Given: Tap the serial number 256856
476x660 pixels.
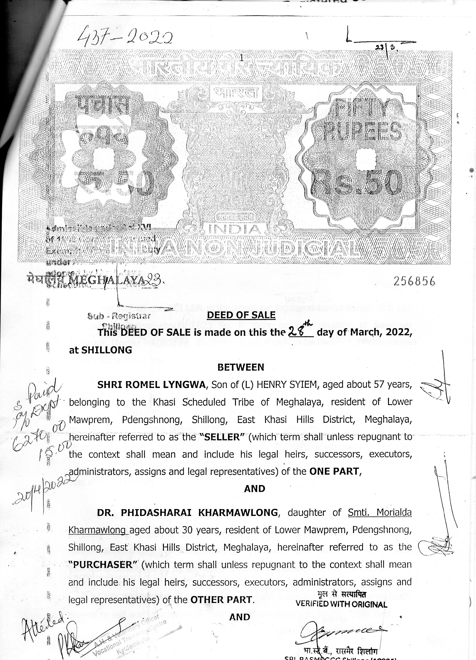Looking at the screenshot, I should point(414,281).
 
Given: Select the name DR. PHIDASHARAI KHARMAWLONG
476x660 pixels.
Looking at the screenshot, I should point(188,512).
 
